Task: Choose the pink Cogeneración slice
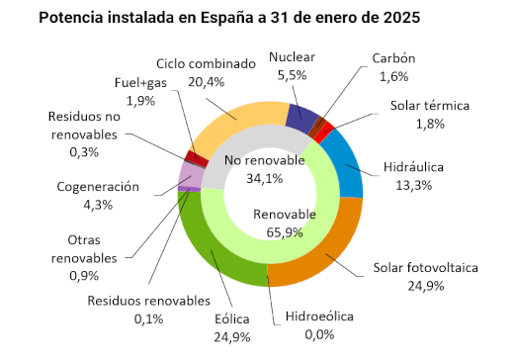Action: [x=189, y=177]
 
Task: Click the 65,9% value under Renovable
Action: [x=285, y=232]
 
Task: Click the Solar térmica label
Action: [x=427, y=105]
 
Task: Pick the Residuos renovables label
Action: [x=149, y=300]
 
